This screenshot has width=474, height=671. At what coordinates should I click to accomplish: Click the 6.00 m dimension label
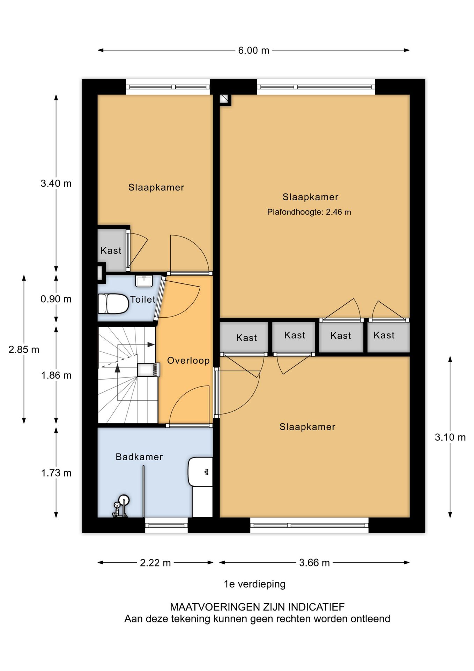[x=254, y=51]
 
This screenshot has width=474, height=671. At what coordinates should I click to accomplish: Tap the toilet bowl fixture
[x=113, y=304]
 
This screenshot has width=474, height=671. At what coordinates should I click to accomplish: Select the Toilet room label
[x=143, y=300]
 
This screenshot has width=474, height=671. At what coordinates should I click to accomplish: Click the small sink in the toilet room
[x=144, y=281]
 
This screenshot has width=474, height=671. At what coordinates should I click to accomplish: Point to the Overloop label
[x=188, y=361]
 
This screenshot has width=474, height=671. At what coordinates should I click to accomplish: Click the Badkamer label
[x=139, y=457]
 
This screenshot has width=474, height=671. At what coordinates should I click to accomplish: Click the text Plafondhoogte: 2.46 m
[x=309, y=212]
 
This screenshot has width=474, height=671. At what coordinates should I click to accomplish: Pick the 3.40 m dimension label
[x=56, y=183]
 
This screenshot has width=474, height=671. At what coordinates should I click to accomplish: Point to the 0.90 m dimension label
[x=56, y=299]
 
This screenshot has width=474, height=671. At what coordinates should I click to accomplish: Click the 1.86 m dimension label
[x=56, y=375]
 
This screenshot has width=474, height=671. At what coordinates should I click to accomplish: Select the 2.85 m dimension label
[x=24, y=349]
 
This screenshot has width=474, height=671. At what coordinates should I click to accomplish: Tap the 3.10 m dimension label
[x=450, y=438]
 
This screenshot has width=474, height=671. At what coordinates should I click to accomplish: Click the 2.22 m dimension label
[x=155, y=563]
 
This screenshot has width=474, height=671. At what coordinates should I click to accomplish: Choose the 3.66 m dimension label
[x=314, y=563]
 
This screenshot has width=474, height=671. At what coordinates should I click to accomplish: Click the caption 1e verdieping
[x=255, y=584]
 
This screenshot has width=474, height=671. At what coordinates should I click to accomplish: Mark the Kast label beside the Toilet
[x=111, y=251]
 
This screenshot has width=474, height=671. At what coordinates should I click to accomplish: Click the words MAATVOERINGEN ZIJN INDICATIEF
[x=257, y=607]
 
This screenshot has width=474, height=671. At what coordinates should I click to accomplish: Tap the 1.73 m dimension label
[x=56, y=473]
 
